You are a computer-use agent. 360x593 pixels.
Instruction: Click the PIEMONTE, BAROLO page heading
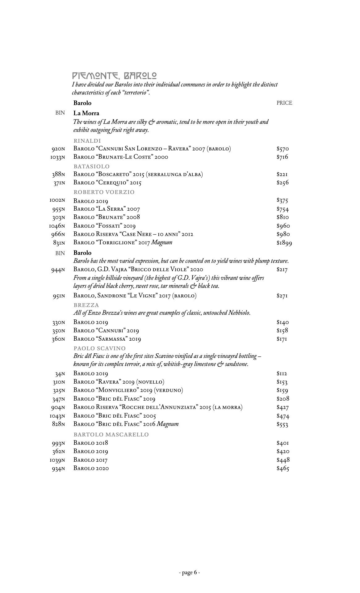click(x=114, y=76)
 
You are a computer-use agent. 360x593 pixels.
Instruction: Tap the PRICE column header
click(x=284, y=103)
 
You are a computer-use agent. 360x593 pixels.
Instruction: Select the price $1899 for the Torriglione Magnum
click(x=284, y=243)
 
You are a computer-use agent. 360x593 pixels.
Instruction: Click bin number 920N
click(x=58, y=149)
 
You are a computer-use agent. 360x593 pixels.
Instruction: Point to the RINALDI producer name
click(x=87, y=141)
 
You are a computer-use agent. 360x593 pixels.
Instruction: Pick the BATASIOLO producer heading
click(x=91, y=166)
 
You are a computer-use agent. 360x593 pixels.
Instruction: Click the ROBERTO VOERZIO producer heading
click(x=104, y=192)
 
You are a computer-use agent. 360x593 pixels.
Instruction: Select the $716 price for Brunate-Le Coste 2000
click(x=282, y=157)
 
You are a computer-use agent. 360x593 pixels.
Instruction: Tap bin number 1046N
click(x=57, y=226)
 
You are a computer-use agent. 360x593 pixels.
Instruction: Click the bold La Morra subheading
click(x=86, y=113)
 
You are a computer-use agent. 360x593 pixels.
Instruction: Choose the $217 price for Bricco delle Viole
click(x=282, y=270)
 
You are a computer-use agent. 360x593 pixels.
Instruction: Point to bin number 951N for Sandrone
click(x=59, y=296)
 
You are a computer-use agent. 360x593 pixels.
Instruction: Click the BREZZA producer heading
click(x=86, y=305)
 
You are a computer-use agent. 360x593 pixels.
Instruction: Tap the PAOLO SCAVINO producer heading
click(x=99, y=348)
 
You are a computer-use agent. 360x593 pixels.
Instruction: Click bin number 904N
click(x=58, y=408)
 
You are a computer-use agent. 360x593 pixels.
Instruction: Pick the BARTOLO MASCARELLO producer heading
click(x=111, y=435)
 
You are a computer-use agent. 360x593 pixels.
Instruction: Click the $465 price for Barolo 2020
click(x=283, y=469)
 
